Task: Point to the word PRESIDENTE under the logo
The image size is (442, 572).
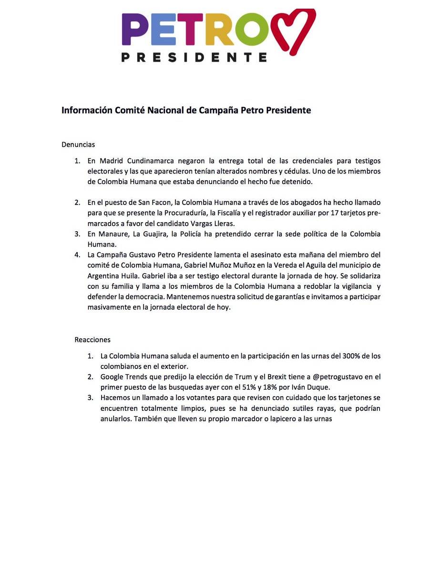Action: (194, 57)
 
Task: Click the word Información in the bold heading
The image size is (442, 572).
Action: (87, 111)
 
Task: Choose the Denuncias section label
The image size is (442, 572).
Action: (78, 144)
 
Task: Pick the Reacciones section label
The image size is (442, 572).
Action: (93, 340)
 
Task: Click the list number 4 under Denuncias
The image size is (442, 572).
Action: (77, 255)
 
